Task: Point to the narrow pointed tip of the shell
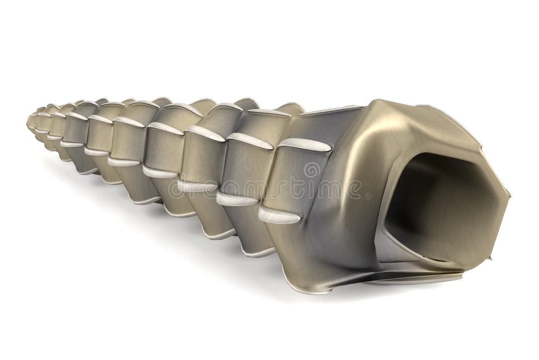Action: point(29,121)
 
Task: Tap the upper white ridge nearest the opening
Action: point(304,144)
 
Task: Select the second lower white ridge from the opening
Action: point(236,199)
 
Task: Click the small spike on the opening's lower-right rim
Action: point(490,256)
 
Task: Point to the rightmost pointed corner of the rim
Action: point(509,194)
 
